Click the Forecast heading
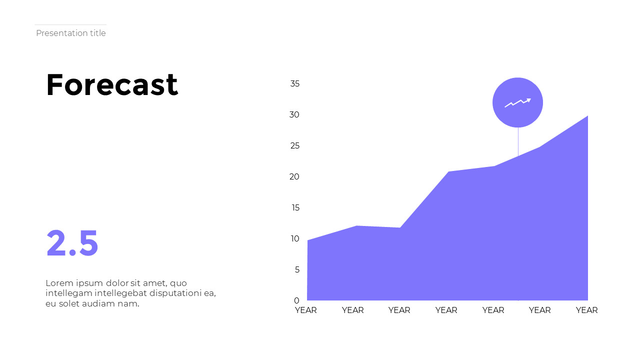coord(112,85)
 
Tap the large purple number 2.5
coord(72,243)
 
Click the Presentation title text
coord(71,33)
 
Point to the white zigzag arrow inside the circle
coord(517,102)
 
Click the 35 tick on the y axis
coord(295,84)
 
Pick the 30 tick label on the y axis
coord(294,115)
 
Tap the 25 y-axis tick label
coord(294,146)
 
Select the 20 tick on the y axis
coord(294,177)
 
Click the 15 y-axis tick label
coord(295,208)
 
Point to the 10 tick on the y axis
coord(295,239)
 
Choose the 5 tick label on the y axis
coord(297,270)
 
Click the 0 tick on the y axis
coord(297,300)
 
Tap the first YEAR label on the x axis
coord(306,310)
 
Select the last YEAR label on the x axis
coord(586,310)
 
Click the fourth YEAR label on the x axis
coord(446,310)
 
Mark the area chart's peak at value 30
coord(587,116)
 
